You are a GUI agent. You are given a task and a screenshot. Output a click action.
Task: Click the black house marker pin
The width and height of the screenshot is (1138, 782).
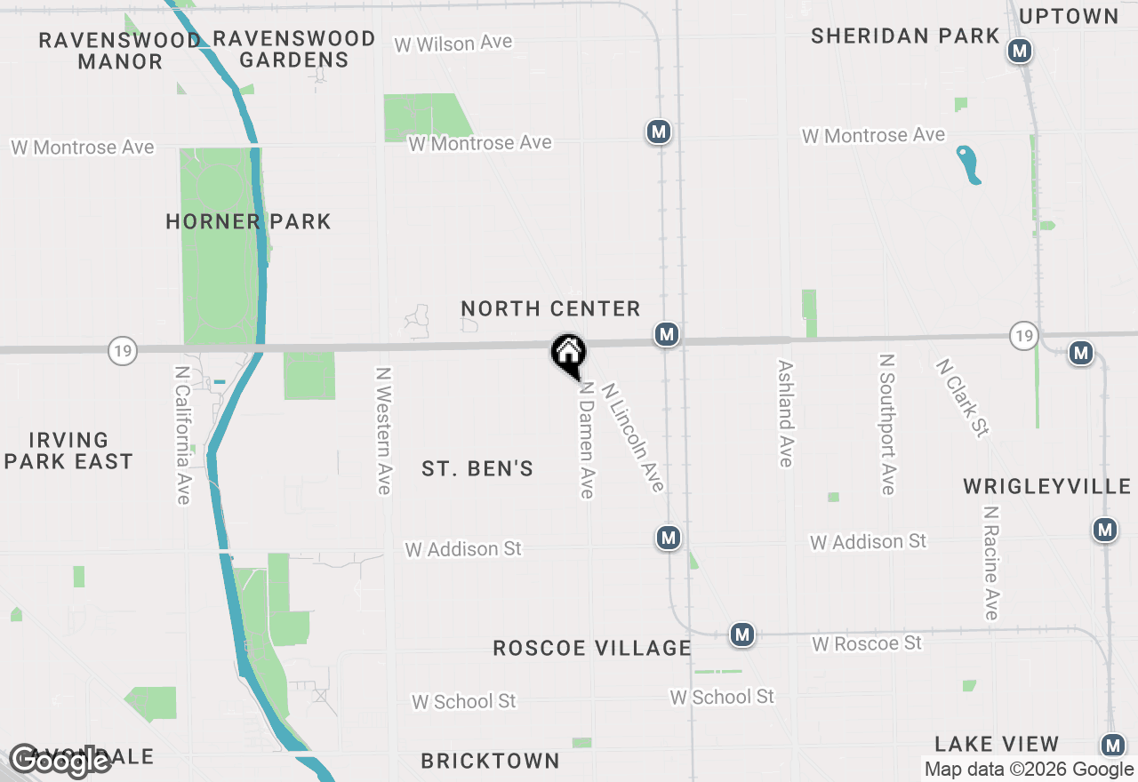click(568, 354)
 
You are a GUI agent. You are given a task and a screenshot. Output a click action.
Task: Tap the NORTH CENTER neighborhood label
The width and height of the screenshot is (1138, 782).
click(550, 309)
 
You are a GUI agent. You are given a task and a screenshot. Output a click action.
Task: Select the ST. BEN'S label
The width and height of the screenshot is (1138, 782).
click(477, 468)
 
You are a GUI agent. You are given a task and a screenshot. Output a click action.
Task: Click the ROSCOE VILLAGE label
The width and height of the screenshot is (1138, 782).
click(592, 648)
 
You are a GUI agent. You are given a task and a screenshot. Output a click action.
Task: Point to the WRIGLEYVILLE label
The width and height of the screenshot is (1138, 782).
click(1047, 486)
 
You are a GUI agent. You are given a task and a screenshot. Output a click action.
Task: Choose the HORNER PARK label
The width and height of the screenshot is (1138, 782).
click(248, 221)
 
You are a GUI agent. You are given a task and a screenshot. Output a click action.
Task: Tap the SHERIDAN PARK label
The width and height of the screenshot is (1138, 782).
click(905, 36)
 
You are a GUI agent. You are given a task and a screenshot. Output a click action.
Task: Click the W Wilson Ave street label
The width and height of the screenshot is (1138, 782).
click(453, 43)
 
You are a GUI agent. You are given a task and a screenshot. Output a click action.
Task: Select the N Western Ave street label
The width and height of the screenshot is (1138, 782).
click(383, 430)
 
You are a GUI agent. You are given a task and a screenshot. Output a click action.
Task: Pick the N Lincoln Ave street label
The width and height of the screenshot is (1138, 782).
click(633, 436)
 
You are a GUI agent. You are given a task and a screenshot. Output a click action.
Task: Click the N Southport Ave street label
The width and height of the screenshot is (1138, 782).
click(886, 424)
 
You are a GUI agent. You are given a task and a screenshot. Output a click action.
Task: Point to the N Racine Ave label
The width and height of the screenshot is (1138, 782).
click(991, 563)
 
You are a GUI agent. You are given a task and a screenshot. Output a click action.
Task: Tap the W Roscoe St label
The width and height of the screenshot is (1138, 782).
click(867, 642)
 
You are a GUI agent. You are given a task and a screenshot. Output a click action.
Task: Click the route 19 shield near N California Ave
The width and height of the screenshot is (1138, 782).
click(123, 351)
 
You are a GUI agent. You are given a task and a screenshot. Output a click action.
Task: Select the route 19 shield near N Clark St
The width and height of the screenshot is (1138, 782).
click(1024, 335)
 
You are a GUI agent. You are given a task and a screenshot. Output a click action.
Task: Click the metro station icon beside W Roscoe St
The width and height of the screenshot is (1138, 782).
click(742, 634)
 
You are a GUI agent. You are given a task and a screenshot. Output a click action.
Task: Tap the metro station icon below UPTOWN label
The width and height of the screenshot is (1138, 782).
click(1020, 51)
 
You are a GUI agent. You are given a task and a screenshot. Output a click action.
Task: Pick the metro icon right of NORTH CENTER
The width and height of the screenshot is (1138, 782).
click(667, 334)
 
